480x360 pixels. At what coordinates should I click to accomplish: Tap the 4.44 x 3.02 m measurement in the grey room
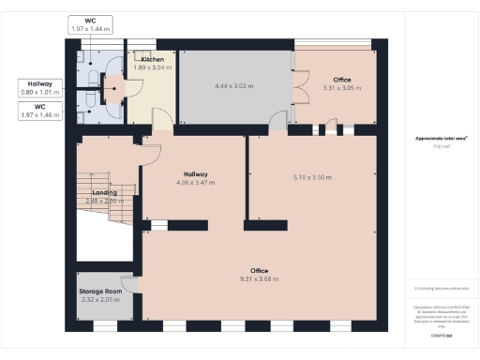tap(234, 86)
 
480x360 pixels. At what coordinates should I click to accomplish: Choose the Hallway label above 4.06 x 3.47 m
tap(195, 173)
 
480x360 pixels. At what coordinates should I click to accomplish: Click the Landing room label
tap(105, 192)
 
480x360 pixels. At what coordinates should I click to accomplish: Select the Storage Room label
tap(101, 291)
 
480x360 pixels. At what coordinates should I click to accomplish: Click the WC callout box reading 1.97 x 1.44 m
tap(90, 25)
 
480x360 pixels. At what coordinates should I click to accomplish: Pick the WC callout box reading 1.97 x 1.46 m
tap(41, 111)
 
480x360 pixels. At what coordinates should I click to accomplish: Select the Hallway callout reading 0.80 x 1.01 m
tap(41, 88)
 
